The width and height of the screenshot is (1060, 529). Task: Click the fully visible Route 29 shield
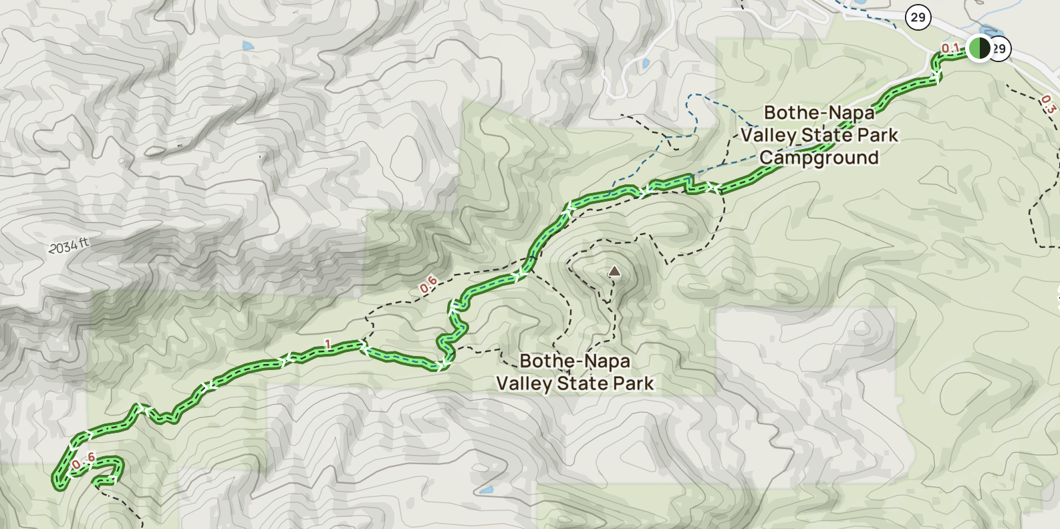918,17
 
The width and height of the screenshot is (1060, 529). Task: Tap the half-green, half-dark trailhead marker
979,48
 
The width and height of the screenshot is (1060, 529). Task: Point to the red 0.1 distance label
950,48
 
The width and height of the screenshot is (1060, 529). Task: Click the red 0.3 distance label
1048,104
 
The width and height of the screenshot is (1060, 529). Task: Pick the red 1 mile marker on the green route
327,345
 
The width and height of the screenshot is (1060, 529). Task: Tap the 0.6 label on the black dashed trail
428,284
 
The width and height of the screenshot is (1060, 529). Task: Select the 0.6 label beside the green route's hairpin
84,460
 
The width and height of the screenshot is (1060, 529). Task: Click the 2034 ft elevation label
69,246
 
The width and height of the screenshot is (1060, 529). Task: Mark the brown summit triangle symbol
614,271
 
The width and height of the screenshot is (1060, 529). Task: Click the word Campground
819,158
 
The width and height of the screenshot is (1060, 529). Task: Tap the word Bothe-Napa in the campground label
819,113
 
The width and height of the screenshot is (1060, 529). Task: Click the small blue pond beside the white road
645,64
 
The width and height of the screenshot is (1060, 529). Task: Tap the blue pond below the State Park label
486,490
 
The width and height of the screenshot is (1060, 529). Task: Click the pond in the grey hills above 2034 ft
249,46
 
